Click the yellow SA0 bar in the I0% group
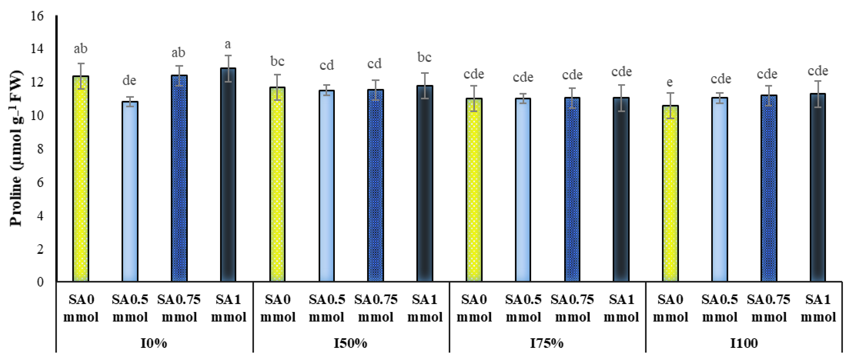coord(81,179)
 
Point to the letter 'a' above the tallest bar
coord(228,44)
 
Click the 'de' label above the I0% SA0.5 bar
coord(129,80)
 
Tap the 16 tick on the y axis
coord(37,16)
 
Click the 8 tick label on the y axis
coord(40,149)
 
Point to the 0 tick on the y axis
coord(40,282)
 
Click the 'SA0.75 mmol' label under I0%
coord(179,308)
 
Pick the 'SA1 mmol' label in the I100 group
coord(818,308)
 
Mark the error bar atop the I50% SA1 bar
coord(425,85)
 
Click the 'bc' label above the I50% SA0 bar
coord(277,61)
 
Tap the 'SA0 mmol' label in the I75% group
coord(474,308)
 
